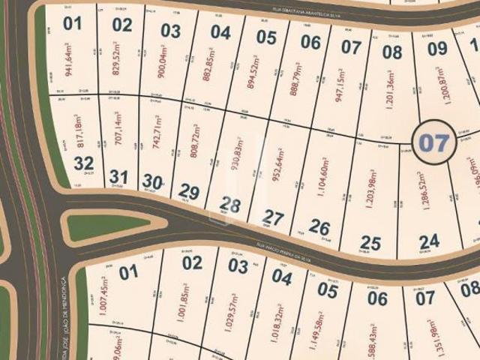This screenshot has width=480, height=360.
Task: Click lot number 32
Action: (x=84, y=163)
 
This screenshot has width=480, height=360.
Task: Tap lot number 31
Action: (x=118, y=177)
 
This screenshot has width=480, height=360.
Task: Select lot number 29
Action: (x=188, y=193)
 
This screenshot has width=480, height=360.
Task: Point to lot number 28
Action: (x=229, y=205)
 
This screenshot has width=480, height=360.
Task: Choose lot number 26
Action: (x=319, y=227)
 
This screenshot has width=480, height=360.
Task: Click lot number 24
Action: (x=429, y=241)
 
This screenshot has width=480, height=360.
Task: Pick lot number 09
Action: (x=437, y=49)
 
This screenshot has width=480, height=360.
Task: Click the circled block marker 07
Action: (x=433, y=142)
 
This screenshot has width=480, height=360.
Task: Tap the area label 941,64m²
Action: (x=70, y=61)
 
